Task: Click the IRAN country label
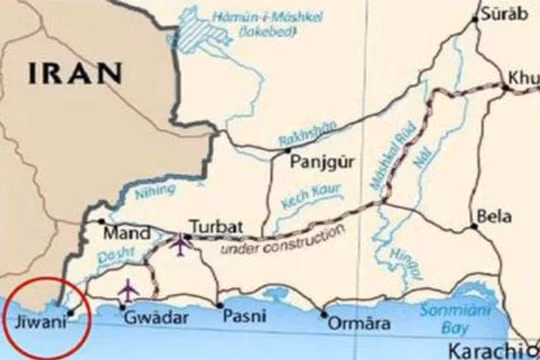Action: click(76, 72)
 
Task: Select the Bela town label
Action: click(494, 215)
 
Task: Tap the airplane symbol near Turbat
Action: click(180, 244)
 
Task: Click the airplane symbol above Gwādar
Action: click(128, 291)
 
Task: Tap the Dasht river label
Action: click(113, 256)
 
